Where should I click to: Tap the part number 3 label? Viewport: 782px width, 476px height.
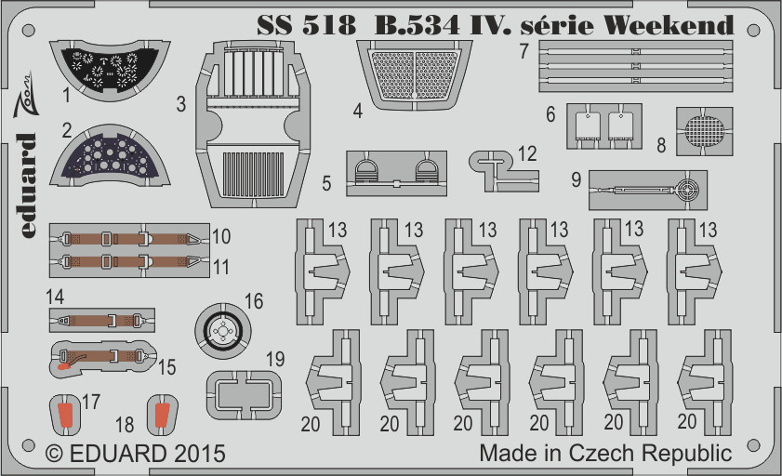(x=181, y=104)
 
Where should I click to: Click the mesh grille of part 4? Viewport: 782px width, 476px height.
(x=415, y=73)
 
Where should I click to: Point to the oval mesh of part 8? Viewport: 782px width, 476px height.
(x=704, y=131)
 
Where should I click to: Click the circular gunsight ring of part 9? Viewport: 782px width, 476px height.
(x=687, y=190)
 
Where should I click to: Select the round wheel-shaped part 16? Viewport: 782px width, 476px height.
(x=223, y=329)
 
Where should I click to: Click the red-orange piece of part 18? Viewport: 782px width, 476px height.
(x=162, y=415)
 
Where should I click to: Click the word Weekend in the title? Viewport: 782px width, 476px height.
(x=669, y=25)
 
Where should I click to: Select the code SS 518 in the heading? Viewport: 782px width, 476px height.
(x=306, y=25)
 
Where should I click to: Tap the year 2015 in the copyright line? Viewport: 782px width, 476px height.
(x=200, y=454)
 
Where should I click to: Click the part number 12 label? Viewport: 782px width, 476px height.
(x=526, y=153)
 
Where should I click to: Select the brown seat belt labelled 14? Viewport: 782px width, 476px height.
(x=102, y=320)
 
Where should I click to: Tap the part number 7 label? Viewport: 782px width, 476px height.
(x=524, y=51)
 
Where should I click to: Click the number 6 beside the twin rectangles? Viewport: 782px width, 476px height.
(x=550, y=114)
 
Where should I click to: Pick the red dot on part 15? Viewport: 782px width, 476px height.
(x=64, y=366)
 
